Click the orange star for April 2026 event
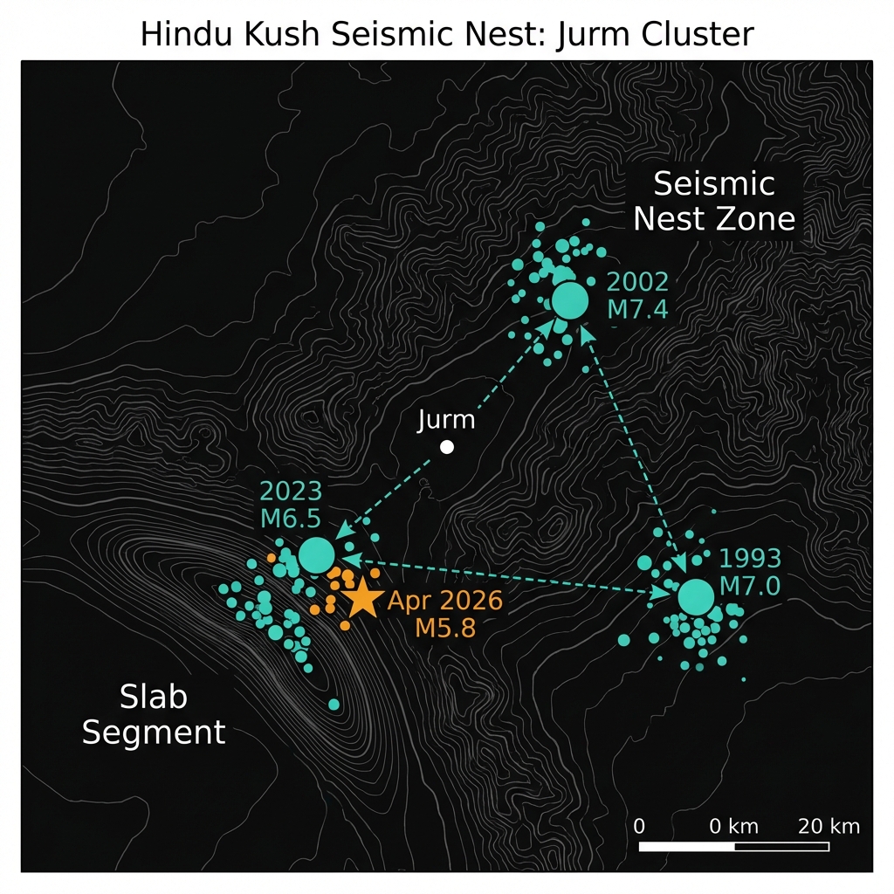(x=361, y=599)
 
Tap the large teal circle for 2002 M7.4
(x=570, y=300)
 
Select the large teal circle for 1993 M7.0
(x=696, y=597)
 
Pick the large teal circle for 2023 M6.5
(x=316, y=554)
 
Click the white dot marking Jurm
(x=447, y=447)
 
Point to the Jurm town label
(x=446, y=420)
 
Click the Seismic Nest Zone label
(x=715, y=201)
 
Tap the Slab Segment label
(x=154, y=714)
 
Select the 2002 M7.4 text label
(x=637, y=295)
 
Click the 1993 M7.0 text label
(x=749, y=572)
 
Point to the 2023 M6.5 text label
(x=291, y=503)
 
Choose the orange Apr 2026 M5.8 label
(x=445, y=614)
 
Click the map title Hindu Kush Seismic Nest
(x=446, y=35)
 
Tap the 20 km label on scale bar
(x=829, y=826)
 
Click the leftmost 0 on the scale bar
(x=640, y=826)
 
